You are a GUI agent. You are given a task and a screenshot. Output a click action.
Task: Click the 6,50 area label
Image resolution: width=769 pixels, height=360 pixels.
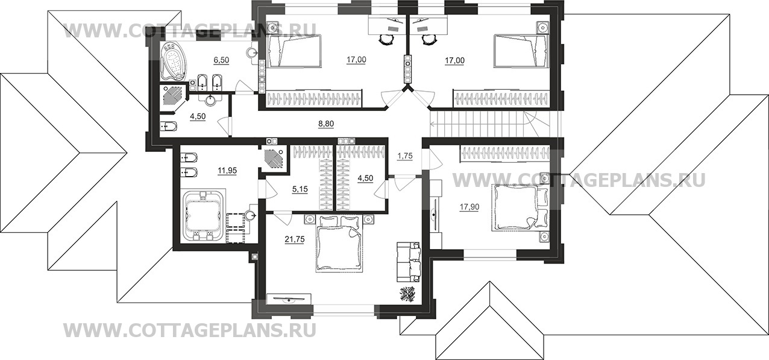[x=221, y=60]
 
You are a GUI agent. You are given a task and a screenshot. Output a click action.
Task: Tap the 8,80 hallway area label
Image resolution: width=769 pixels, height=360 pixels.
[x=326, y=124]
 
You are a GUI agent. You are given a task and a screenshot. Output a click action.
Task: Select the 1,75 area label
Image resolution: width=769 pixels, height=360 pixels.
[x=405, y=156]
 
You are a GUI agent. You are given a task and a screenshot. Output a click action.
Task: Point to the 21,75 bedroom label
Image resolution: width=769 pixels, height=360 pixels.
[x=295, y=239]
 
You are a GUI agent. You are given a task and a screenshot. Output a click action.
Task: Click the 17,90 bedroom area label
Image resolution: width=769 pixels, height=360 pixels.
[x=469, y=207]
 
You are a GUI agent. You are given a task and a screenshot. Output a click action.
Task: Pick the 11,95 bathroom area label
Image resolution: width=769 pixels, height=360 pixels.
[x=227, y=171]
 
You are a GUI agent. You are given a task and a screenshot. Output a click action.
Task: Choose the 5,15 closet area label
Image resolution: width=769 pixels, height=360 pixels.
[x=300, y=189]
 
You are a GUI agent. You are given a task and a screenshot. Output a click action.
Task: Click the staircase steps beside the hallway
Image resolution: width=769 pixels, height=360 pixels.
[x=481, y=124]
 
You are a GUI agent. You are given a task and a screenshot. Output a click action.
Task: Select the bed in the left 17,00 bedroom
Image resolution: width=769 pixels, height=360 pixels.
[x=295, y=55]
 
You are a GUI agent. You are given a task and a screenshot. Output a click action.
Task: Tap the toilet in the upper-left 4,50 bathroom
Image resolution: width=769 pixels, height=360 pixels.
[x=169, y=127]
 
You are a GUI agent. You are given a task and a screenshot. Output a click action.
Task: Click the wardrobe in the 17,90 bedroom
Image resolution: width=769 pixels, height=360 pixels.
[x=504, y=153]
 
